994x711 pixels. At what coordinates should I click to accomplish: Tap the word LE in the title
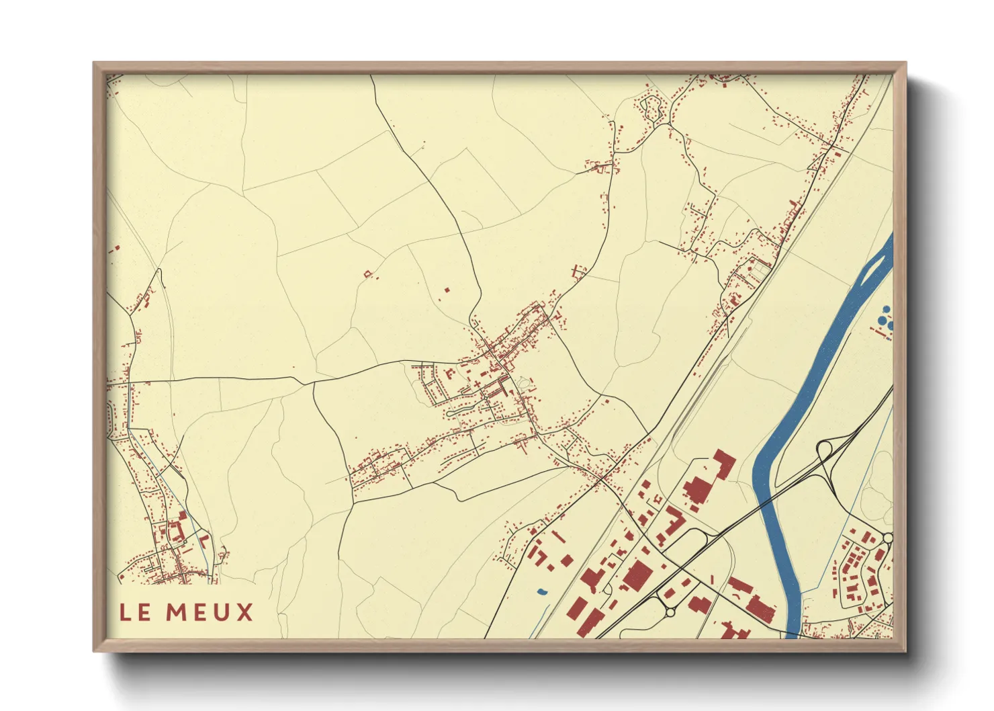coord(135,612)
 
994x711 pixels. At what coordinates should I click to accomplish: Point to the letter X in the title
coord(244,612)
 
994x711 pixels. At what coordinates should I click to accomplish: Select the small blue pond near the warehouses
coord(541,592)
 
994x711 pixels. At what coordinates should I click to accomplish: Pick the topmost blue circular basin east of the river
coord(887,309)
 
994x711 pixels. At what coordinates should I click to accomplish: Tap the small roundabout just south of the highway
coord(669,612)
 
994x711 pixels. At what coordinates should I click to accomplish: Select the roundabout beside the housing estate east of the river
coord(887,538)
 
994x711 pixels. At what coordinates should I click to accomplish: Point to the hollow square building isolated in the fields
coord(367,274)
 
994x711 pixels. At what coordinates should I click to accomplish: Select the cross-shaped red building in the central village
coord(478,384)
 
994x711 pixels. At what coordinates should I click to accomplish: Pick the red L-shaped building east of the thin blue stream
coord(204,539)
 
